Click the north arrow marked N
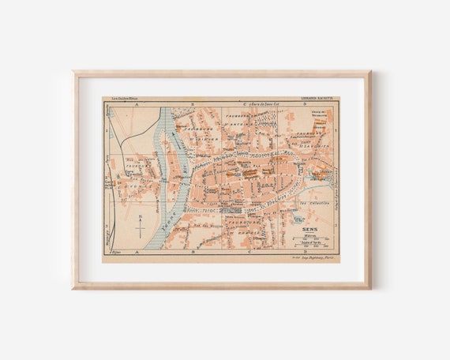coord(140,227)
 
